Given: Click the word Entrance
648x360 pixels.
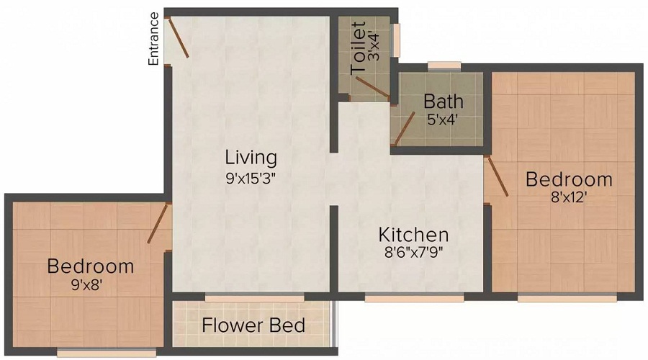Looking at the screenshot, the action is coord(153,39).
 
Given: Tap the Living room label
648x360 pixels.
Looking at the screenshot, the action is coord(251,158).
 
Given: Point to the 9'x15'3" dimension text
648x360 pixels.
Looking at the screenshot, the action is coord(251,179).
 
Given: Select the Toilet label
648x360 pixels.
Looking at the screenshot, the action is coord(358,48).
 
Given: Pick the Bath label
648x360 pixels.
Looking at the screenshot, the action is coord(444,102).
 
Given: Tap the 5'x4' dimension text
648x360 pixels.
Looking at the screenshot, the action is coord(443,120).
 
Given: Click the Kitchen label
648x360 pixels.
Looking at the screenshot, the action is coord(414,235).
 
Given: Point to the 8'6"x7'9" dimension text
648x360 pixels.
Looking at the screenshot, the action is coord(414,252).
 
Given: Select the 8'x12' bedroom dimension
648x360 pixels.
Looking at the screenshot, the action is coord(569,197).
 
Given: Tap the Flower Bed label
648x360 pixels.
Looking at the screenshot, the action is coord(253,325).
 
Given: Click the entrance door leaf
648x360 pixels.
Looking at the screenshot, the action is coord(178,37).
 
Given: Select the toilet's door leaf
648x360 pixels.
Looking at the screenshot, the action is coord(372,87).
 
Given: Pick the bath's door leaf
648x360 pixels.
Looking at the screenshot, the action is coord(405,129).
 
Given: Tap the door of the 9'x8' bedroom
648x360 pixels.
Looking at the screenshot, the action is coord(158,222).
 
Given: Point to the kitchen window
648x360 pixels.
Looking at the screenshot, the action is coord(414,297).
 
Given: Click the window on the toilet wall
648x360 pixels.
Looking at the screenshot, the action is coord(396,40).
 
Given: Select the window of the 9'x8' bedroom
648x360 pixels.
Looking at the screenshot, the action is coord(107,353).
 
